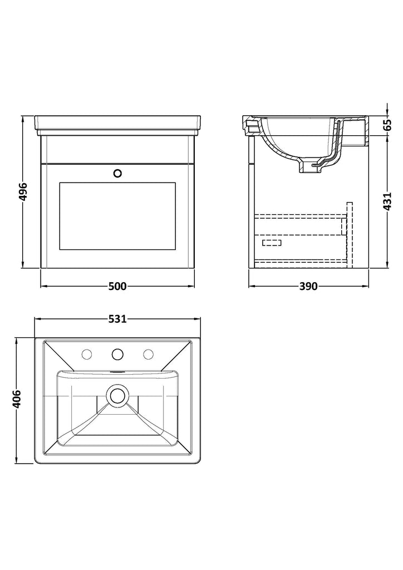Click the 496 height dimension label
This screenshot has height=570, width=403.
(x=22, y=191)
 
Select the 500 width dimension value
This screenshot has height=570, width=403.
(x=118, y=287)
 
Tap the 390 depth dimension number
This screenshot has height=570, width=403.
(x=308, y=287)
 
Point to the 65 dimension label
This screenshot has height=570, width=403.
(x=387, y=125)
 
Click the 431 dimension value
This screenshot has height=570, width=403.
(x=387, y=201)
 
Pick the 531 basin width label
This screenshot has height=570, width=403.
(x=117, y=319)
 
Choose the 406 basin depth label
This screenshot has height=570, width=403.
(x=17, y=400)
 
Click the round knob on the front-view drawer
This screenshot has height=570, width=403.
(x=117, y=174)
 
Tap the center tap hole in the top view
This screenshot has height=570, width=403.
(x=117, y=353)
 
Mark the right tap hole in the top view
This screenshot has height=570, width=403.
(x=148, y=353)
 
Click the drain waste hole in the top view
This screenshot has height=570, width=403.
(x=117, y=396)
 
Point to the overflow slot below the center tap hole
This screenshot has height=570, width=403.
(x=117, y=372)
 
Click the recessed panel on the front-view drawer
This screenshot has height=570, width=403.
(x=117, y=216)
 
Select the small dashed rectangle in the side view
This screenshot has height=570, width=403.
(x=272, y=243)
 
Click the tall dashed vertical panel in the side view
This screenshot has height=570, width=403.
(x=350, y=235)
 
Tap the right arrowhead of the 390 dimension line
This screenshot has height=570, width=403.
(x=366, y=287)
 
